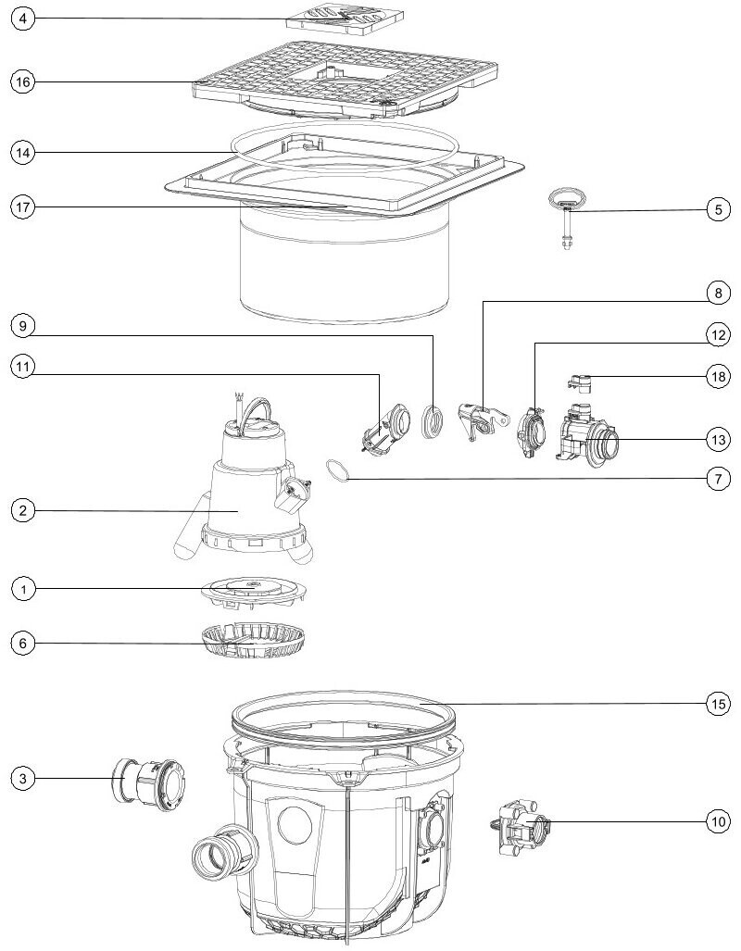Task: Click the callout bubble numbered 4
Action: [23, 19]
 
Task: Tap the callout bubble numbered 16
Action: [23, 81]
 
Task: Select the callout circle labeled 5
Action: [718, 210]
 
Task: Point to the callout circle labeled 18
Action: [718, 377]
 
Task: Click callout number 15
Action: [718, 704]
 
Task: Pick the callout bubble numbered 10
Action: [718, 821]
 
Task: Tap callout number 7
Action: [718, 479]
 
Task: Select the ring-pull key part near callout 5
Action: [568, 219]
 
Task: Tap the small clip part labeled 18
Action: [579, 384]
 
